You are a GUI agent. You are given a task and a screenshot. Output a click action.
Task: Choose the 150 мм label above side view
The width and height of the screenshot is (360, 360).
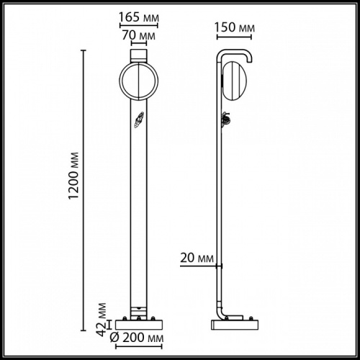coord(235,27)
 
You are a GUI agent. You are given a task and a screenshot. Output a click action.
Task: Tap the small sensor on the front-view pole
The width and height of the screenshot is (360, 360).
coord(138,121)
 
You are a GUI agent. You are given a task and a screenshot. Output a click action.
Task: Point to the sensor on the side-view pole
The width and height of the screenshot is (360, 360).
coord(225,119)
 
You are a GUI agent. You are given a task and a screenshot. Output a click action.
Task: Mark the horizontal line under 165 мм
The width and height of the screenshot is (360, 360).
coord(138,24)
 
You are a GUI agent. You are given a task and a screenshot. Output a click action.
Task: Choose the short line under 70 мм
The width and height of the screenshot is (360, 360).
coord(138,42)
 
